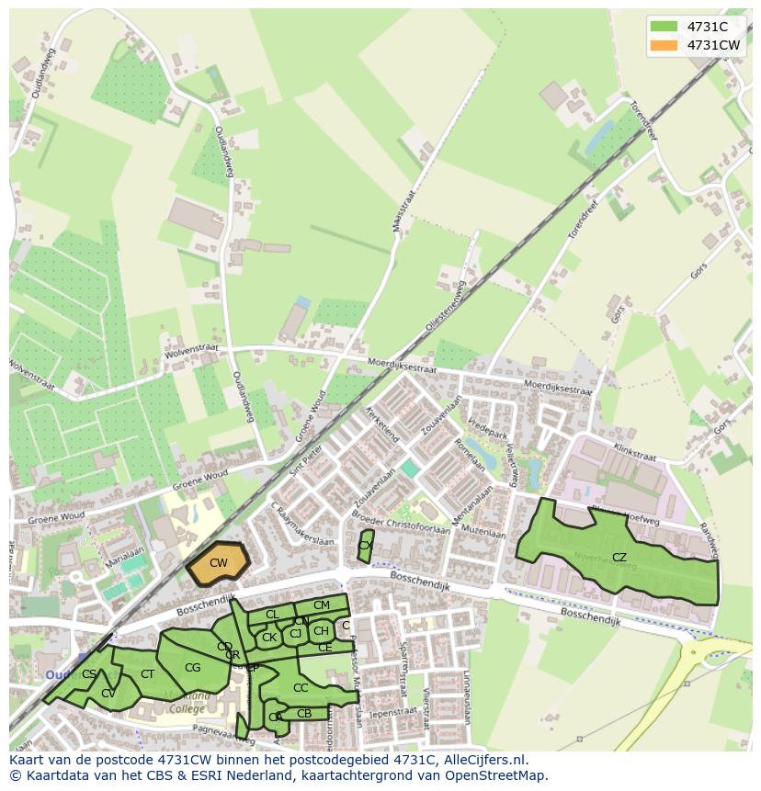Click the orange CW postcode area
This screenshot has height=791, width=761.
pyautogui.click(x=219, y=563)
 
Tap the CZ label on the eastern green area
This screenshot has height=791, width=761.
pyautogui.click(x=619, y=558)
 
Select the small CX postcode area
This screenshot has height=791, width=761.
pyautogui.click(x=365, y=546)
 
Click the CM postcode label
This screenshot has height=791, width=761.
pyautogui.click(x=322, y=605)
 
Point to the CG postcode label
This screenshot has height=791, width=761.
pyautogui.click(x=192, y=668)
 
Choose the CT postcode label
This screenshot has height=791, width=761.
pyautogui.click(x=148, y=674)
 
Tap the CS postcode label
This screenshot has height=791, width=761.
pyautogui.click(x=89, y=674)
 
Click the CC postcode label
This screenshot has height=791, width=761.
pyautogui.click(x=301, y=687)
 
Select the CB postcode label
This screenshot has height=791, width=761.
pyautogui.click(x=304, y=713)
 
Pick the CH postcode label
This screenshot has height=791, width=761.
pyautogui.click(x=321, y=631)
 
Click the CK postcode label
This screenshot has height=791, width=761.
pyautogui.click(x=269, y=638)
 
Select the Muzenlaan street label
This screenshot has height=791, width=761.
pyautogui.click(x=484, y=532)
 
